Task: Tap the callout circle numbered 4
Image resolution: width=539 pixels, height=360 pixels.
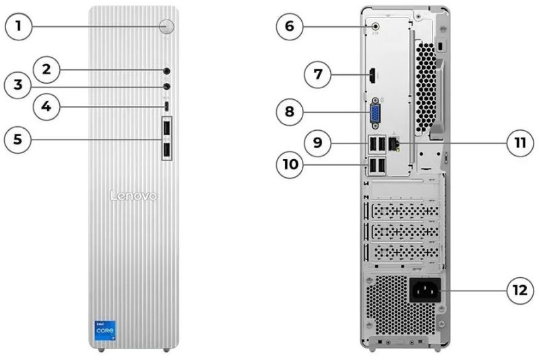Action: point(46,107)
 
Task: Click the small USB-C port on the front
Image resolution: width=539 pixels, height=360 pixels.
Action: point(166,107)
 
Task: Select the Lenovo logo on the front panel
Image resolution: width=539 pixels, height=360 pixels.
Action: point(133,196)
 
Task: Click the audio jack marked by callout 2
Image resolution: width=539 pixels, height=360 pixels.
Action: point(166,69)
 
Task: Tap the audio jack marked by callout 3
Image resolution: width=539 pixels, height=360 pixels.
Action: point(166,86)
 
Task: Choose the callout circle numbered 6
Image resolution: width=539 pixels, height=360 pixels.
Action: point(290,27)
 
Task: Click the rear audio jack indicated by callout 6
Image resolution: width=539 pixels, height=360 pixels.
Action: point(376,27)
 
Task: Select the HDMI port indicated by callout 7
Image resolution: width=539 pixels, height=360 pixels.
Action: point(371,76)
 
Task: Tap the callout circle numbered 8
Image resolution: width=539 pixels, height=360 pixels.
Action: point(290,111)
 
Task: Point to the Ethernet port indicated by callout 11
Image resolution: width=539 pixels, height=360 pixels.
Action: point(397,144)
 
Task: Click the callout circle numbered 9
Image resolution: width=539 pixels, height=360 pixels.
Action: point(317,143)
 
